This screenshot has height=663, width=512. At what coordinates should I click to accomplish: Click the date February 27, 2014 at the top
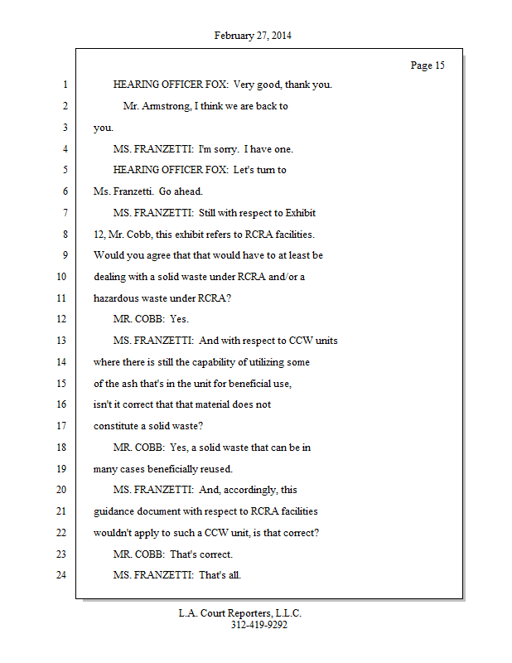pos(253,36)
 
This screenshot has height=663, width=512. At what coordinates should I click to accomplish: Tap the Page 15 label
pos(427,65)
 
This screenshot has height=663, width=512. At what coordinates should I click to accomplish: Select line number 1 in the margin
pos(64,85)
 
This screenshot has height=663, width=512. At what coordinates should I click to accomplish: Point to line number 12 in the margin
pos(61,319)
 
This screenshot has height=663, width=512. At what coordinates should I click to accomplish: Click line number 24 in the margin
pos(61,574)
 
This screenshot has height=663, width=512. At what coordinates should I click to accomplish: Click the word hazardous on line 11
pos(117,298)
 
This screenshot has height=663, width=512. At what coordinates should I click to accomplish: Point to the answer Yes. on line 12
pos(180,319)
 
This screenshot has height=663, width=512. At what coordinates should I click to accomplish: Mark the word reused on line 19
pos(217,468)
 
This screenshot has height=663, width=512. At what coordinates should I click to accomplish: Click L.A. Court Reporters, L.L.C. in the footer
pos(240,613)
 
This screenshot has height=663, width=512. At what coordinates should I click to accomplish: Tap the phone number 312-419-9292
pos(259,625)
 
